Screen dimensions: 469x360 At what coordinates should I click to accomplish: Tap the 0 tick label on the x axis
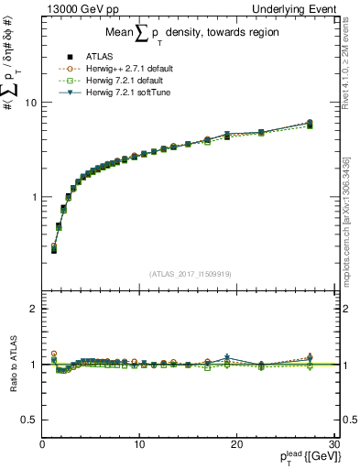click(x=42, y=444)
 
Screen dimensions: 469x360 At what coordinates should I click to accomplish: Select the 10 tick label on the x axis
click(x=138, y=444)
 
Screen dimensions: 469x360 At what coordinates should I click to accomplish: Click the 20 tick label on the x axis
click(x=235, y=444)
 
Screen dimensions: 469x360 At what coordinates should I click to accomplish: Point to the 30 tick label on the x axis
click(x=333, y=444)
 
